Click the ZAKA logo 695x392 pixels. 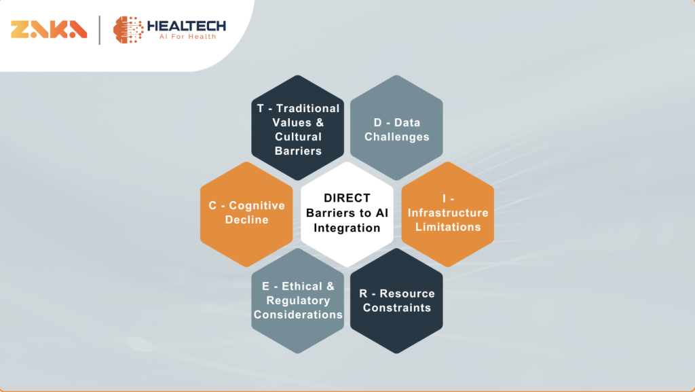point(49,29)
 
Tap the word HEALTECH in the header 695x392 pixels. point(186,26)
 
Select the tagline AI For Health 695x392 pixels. point(187,37)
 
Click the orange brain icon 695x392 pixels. point(128,30)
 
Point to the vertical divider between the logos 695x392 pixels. point(100,30)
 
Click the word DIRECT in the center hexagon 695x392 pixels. point(347,198)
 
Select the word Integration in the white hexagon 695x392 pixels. point(347,228)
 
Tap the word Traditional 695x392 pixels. point(307,108)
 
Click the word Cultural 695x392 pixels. point(299,137)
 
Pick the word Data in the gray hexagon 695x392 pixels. point(407,122)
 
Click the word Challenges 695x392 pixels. point(396,137)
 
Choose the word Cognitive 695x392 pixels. point(257,205)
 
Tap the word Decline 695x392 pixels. point(246,219)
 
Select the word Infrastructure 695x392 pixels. point(448,213)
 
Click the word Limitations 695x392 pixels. point(448,227)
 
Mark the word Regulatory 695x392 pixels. point(299,301)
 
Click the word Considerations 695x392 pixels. point(299,315)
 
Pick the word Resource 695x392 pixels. point(407,293)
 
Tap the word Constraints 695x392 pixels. point(396,308)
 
